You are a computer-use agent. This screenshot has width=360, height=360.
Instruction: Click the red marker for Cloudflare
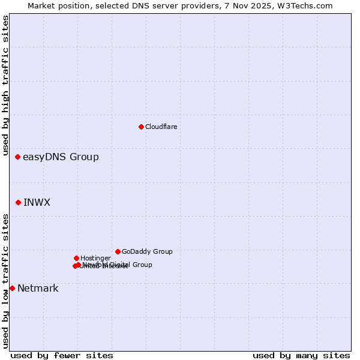pos(141,127)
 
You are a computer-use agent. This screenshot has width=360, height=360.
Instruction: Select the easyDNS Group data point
pos(17,157)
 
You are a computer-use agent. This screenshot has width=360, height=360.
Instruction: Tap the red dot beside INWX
pos(18,202)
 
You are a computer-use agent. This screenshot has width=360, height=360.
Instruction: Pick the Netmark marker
pos(12,288)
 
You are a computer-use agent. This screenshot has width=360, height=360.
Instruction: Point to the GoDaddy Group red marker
pos(118,251)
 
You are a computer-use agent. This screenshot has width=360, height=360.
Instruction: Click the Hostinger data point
pos(76,258)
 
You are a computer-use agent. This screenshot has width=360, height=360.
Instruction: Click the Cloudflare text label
pos(161,127)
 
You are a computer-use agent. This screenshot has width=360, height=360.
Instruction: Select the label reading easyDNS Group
pos(61,157)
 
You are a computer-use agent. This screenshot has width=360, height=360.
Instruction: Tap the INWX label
pos(37,202)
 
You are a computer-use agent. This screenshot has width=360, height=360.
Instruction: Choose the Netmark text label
pos(38,288)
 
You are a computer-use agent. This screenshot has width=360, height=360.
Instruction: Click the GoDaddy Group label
pos(147,251)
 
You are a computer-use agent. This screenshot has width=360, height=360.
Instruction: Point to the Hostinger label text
pos(95,258)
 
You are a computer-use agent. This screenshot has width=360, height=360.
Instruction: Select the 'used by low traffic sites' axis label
pos(5,281)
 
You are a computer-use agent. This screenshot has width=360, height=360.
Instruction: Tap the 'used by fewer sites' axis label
pos(62,356)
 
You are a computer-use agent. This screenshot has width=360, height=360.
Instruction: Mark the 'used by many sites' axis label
pos(301,356)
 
